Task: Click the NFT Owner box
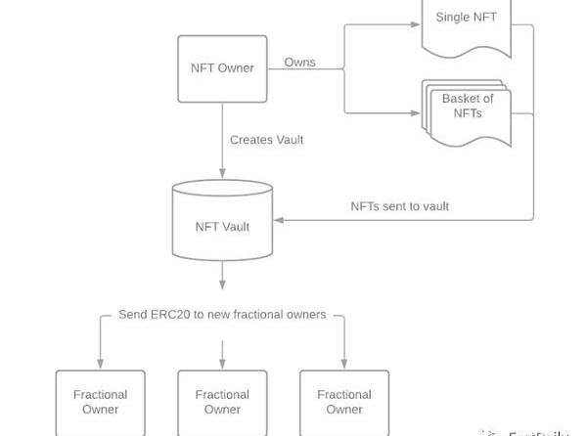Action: tap(222, 68)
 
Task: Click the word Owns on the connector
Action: tap(299, 63)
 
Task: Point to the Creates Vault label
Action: tap(266, 140)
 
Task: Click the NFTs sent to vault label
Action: tap(399, 206)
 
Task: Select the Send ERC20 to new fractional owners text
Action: tap(222, 315)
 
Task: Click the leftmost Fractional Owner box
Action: tap(100, 402)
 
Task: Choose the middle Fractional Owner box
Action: tap(222, 402)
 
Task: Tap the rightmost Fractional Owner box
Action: tap(344, 402)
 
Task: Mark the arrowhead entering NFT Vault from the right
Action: tap(278, 220)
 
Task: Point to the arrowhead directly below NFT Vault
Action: tap(222, 284)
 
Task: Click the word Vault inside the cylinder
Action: tap(236, 227)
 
